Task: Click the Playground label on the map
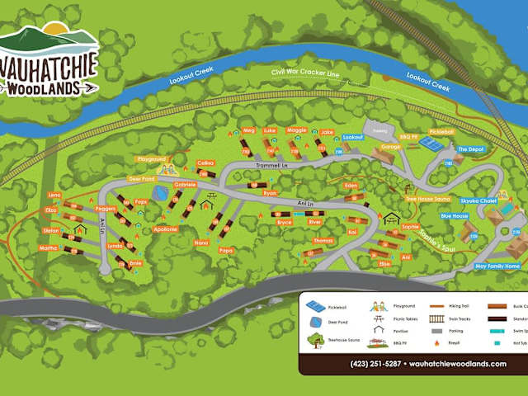tap(151, 159)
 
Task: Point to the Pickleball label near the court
tap(441, 131)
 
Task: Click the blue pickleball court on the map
tap(430, 143)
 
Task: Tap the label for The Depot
tap(470, 149)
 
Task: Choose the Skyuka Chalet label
tap(477, 200)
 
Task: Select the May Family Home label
tap(497, 266)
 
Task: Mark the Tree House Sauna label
tap(427, 199)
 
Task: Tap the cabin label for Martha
tap(49, 247)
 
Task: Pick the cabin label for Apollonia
tap(165, 229)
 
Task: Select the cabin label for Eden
tap(351, 186)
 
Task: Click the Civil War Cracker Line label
tap(305, 73)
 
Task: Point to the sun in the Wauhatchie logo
tap(55, 31)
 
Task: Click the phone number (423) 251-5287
tap(377, 364)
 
